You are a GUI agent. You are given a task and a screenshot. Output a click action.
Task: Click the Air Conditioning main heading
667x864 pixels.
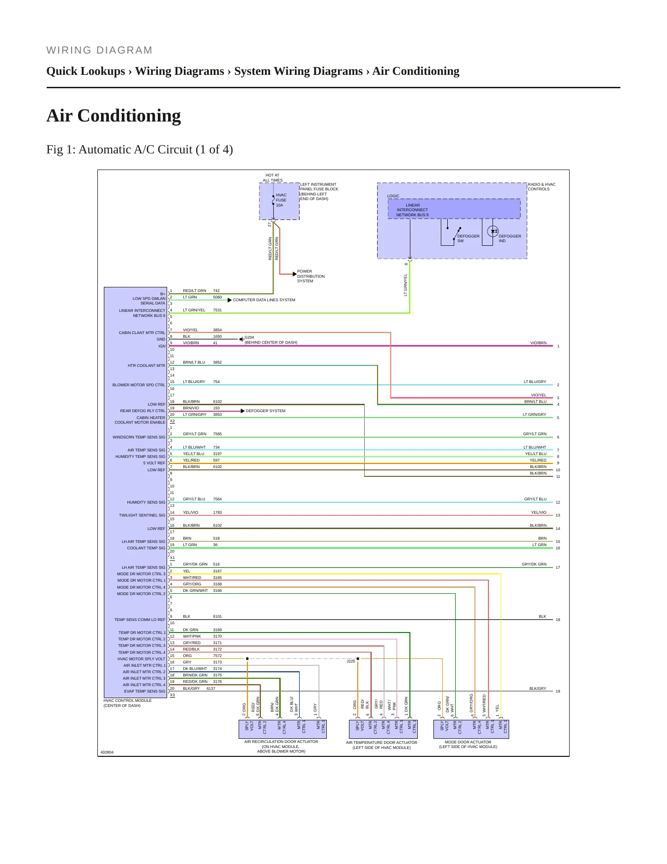click(114, 116)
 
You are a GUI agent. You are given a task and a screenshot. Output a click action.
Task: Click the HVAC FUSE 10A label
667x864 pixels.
click(281, 200)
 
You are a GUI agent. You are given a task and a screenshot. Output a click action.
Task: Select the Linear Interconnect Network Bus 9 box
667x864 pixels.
click(454, 209)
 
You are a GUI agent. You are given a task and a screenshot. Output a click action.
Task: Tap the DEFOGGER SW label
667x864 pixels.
click(468, 238)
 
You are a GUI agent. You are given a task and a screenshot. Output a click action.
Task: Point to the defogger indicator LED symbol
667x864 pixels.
click(493, 231)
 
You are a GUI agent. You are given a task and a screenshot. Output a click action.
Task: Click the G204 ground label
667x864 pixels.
click(249, 337)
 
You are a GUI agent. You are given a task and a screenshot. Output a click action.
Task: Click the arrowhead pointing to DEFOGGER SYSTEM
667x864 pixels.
click(243, 411)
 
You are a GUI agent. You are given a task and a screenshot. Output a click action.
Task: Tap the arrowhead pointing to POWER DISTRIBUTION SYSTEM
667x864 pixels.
click(294, 274)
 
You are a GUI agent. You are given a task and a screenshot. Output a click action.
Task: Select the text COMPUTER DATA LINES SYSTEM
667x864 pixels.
click(264, 300)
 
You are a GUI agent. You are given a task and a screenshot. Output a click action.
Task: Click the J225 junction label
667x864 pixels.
click(351, 661)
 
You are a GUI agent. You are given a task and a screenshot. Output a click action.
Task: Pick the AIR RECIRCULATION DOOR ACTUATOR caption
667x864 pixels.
click(281, 742)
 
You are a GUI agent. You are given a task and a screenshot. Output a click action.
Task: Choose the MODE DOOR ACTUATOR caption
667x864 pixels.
click(468, 742)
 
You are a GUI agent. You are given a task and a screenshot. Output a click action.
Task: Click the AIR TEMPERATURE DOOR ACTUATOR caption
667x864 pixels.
click(382, 742)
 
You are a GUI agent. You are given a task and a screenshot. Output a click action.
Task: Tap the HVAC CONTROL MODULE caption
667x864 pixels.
click(127, 700)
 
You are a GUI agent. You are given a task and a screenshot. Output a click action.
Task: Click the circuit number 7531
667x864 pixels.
click(217, 310)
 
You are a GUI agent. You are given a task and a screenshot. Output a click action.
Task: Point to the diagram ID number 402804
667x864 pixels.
click(107, 752)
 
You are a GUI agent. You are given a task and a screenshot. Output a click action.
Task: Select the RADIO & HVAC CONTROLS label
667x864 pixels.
click(541, 187)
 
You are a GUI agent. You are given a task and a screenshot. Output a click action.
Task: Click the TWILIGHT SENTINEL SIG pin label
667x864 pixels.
click(142, 515)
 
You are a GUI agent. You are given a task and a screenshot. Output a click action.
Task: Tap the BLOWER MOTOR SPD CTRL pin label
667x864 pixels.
click(139, 385)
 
